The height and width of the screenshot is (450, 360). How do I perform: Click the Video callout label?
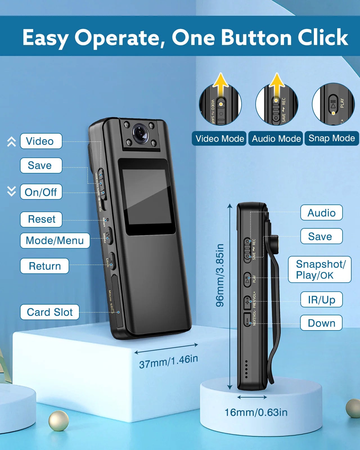coord(41,141)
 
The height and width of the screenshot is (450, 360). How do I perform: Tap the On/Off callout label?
coord(41,192)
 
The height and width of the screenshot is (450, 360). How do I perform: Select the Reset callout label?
coord(41,219)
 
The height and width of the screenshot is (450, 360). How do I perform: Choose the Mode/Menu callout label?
coord(55,241)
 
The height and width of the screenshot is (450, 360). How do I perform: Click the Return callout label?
coord(44,266)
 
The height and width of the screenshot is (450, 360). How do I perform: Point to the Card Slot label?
coord(49,312)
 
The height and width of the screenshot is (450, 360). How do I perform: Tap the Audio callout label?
coord(321,213)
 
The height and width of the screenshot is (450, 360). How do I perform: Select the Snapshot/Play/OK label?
coord(320,270)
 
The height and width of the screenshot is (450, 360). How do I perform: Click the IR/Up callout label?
coord(321,300)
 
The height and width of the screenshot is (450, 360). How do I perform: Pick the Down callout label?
coord(321,323)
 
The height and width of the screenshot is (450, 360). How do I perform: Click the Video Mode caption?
coord(219,139)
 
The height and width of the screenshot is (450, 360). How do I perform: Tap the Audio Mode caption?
coord(276,139)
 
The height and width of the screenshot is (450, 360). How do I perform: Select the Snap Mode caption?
coord(332,138)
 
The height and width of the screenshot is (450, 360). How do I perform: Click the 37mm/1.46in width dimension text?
coord(168,361)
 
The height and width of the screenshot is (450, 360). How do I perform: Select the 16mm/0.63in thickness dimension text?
coord(256,413)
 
